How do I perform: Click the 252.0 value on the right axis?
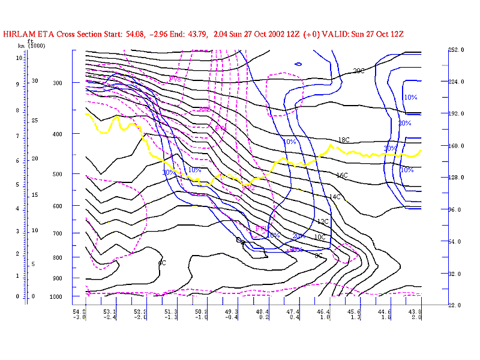coord(457,50)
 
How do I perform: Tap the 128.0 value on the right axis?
coord(457,178)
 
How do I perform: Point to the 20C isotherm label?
coord(358,71)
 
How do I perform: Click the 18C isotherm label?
coord(344,140)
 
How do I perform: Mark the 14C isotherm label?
coord(335,197)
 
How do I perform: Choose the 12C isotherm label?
coord(323,222)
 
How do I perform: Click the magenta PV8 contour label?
coord(175,79)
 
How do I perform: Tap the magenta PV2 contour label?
coord(248,188)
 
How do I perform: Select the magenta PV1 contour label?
coord(261,229)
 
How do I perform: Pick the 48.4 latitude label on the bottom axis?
coord(262,312)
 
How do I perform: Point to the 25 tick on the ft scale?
coord(35,121)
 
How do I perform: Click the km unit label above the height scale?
coord(21,46)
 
